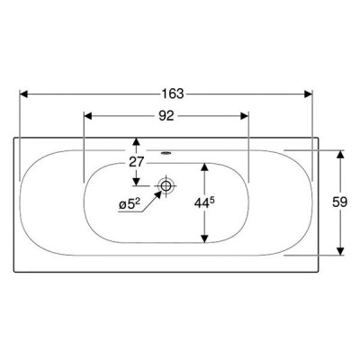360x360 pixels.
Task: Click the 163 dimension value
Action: pos(173,94)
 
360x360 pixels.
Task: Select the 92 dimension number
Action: pos(166,116)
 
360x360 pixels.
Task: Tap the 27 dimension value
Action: pos(137,162)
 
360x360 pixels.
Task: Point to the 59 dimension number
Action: pos(339,202)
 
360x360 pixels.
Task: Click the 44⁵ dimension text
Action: pos(204,203)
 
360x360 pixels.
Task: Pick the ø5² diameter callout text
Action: pos(130,204)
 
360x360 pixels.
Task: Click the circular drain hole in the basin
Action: pos(166,185)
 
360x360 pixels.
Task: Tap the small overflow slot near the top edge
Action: pos(166,153)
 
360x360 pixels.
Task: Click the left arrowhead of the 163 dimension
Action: pos(23,94)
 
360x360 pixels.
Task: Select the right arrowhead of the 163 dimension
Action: pos(309,94)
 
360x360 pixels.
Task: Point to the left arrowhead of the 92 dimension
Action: pos(87,116)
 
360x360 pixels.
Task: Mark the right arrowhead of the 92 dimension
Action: pos(245,116)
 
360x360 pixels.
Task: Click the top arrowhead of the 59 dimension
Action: pos(340,154)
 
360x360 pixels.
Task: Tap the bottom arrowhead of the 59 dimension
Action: pos(340,251)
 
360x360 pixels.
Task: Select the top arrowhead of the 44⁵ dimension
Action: pos(204,167)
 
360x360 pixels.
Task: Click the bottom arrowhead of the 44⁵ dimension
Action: pos(204,238)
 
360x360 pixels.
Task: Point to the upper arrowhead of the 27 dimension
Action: pos(137,142)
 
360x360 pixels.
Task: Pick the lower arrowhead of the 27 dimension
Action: pos(137,181)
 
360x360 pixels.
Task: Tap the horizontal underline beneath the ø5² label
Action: pos(130,212)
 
